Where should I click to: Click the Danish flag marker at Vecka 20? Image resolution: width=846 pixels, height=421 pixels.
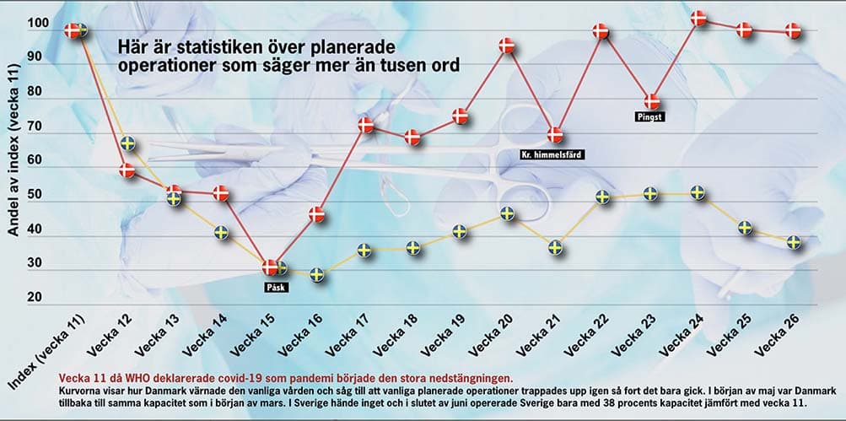pyautogui.click(x=507, y=46)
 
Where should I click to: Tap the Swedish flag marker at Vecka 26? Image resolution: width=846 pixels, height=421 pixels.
pyautogui.click(x=794, y=243)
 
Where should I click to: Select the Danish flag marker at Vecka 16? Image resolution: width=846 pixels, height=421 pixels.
pyautogui.click(x=316, y=214)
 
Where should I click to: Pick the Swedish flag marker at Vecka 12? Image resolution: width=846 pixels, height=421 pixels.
pyautogui.click(x=127, y=143)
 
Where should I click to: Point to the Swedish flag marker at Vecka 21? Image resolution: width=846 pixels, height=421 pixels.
pyautogui.click(x=555, y=248)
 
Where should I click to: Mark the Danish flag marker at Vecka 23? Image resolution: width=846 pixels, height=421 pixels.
pyautogui.click(x=650, y=102)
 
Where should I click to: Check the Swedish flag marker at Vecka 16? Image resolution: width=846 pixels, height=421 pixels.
pyautogui.click(x=316, y=274)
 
